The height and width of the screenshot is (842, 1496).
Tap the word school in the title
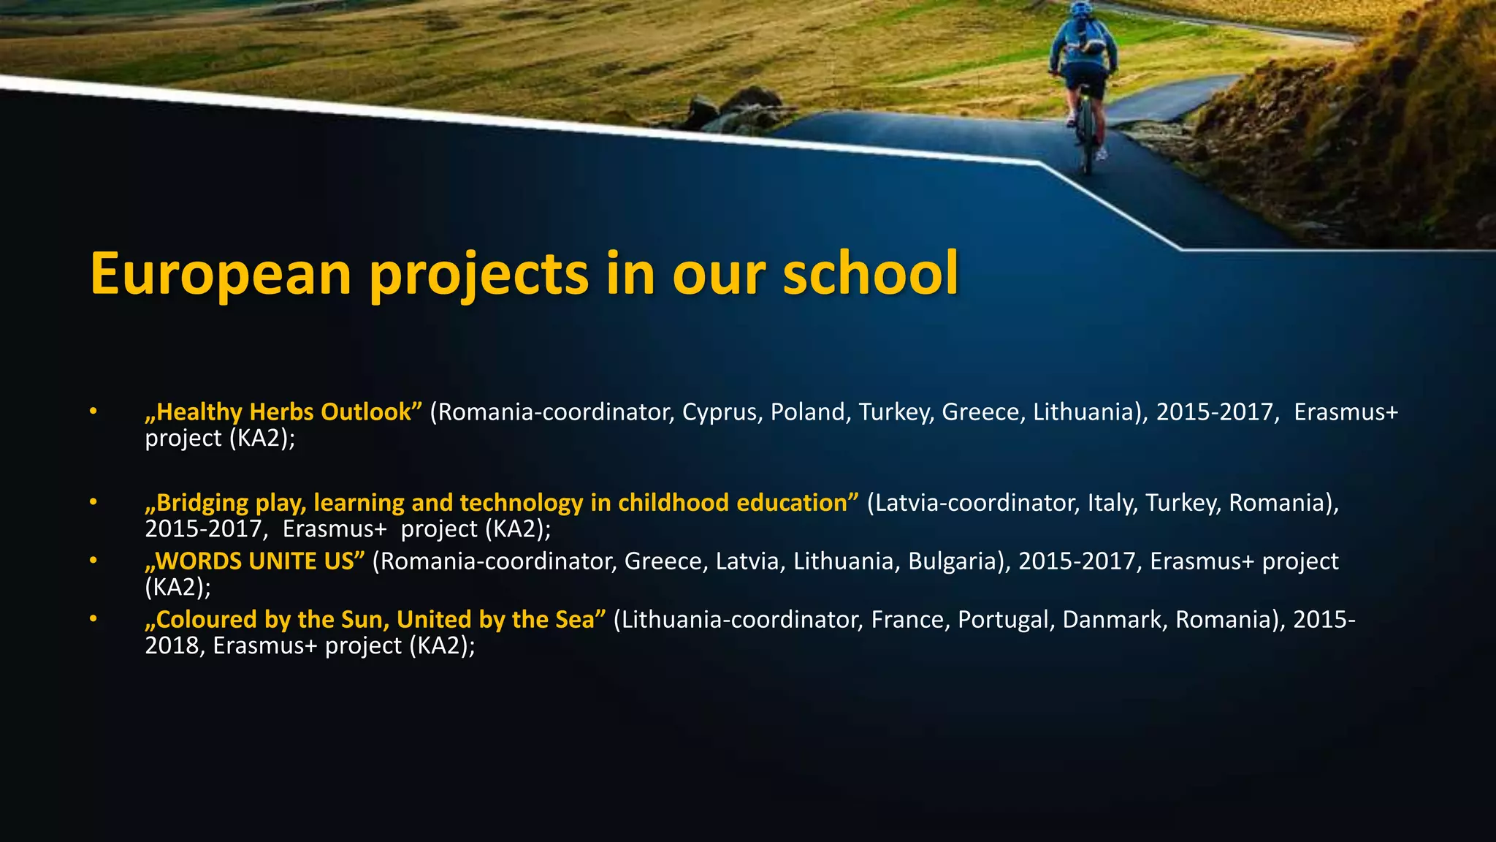870,273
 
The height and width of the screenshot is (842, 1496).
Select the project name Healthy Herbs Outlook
283,411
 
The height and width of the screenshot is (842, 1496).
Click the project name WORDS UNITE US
255,561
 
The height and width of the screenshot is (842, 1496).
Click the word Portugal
1006,619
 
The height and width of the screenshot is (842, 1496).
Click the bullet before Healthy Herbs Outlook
93,411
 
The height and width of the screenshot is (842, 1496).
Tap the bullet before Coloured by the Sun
93,619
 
